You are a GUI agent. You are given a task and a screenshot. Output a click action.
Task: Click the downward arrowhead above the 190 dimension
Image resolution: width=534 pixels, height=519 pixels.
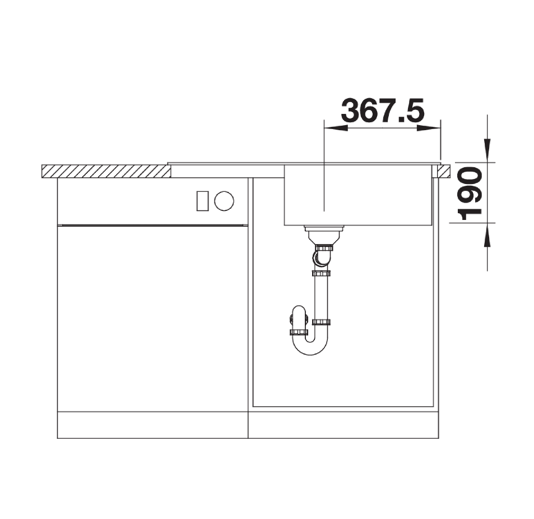coord(487,150)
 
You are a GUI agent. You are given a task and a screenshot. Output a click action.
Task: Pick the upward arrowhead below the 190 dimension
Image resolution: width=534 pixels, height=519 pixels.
coord(487,235)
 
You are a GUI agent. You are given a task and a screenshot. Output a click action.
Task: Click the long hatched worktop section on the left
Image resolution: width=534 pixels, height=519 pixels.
coord(106,171)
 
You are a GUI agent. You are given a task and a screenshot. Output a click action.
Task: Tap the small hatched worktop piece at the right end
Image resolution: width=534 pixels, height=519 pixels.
coord(444,171)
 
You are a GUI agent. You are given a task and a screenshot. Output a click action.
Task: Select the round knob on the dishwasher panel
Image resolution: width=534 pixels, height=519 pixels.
coord(224,201)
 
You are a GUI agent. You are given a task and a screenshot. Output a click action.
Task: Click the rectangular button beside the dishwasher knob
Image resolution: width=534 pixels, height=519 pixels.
coord(202,201)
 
